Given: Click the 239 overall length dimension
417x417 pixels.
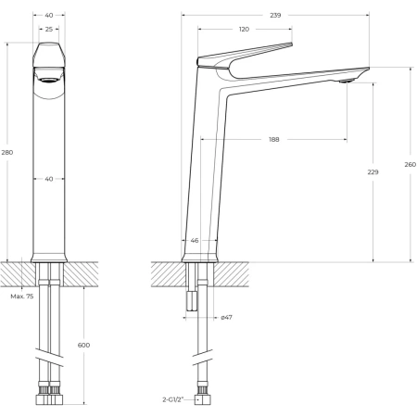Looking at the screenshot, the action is pos(275,15).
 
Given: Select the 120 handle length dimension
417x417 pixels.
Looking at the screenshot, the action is pos(244,30).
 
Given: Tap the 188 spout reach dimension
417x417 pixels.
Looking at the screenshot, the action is pos(274,140).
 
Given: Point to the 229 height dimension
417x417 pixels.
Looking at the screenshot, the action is pos(373,172).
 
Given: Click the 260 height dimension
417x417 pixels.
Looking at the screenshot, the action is pos(411,165).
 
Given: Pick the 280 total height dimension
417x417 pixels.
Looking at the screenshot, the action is pos(7,152).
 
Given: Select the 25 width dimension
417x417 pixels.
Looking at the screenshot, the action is pos(49,30).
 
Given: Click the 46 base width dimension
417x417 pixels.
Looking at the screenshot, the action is pos(195,240).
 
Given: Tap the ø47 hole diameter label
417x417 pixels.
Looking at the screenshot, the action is pos(226,317).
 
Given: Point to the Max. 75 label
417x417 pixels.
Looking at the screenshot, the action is pos(22,297).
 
